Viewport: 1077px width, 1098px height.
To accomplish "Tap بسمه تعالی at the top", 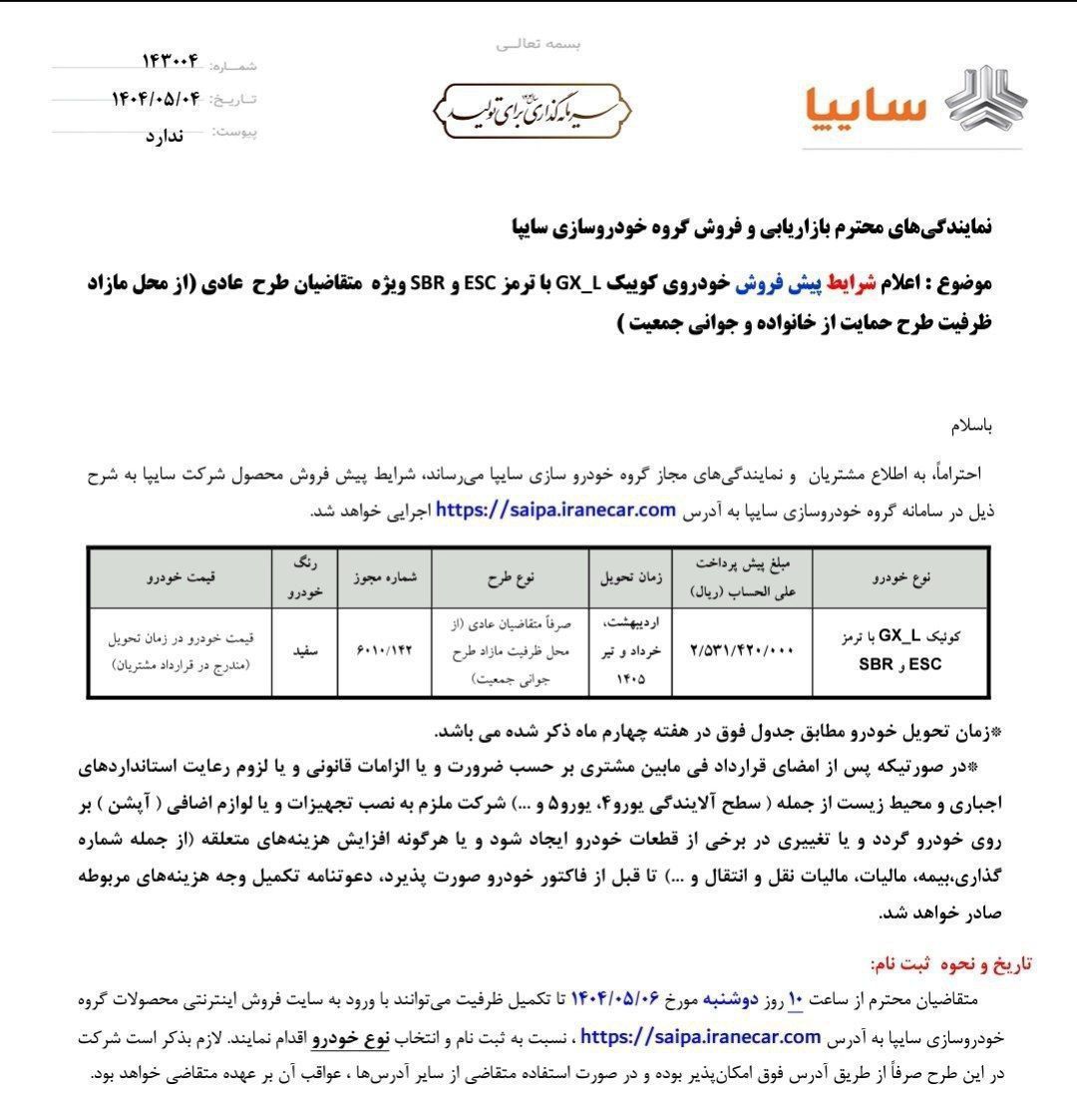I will pos(538,44).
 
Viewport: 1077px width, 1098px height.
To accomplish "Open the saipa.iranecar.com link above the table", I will pos(556,511).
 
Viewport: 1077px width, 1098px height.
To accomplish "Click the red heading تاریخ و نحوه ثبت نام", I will pos(951,963).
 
